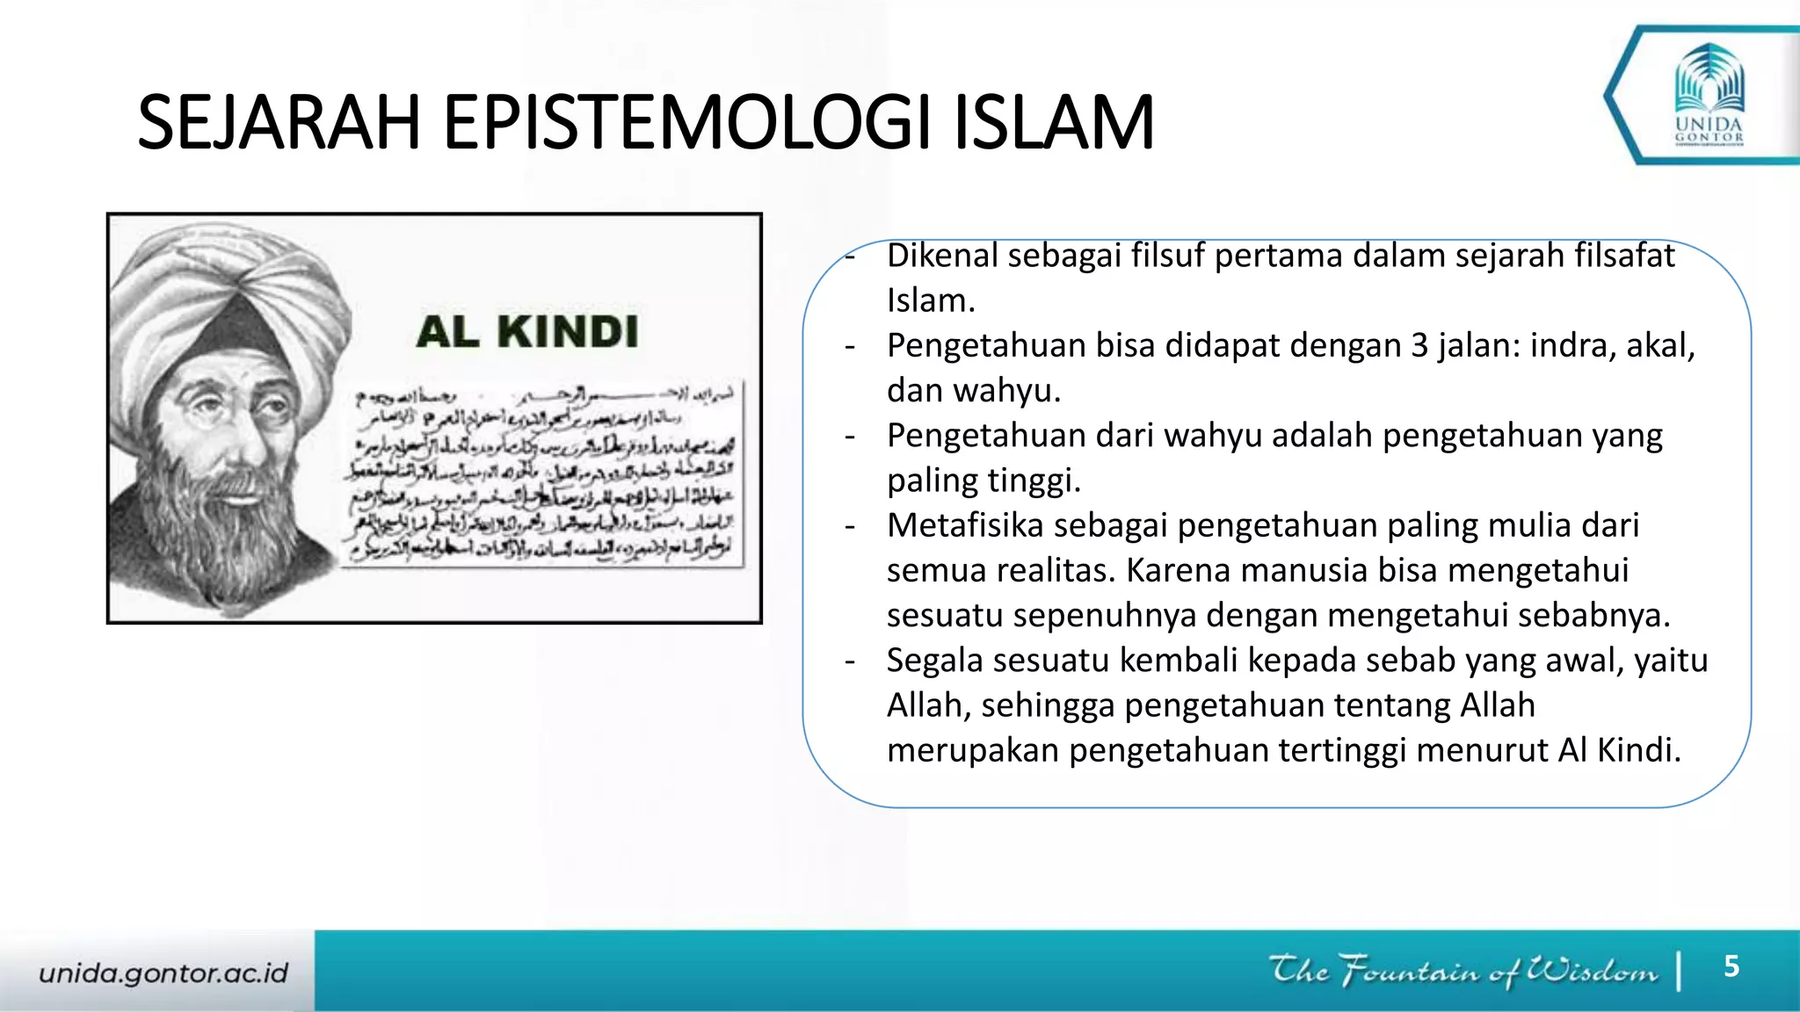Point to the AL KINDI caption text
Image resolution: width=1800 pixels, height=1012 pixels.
pos(527,332)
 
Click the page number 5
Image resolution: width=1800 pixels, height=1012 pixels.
pos(1731,966)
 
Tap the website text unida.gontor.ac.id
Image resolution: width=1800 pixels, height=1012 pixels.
pos(163,972)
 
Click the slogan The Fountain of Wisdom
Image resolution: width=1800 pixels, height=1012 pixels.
pos(1463,971)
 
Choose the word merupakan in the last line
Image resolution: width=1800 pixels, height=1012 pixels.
pos(972,750)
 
